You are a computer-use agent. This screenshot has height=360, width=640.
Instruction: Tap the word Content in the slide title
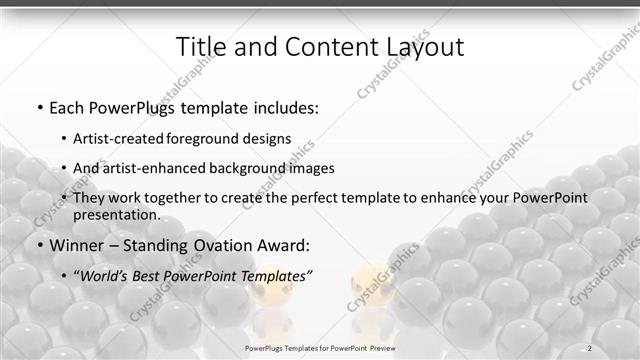[319, 47]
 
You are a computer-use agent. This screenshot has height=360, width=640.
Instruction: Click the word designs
[270, 139]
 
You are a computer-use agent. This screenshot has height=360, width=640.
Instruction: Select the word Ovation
[222, 245]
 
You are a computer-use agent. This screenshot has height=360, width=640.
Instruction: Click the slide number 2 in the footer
[590, 347]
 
